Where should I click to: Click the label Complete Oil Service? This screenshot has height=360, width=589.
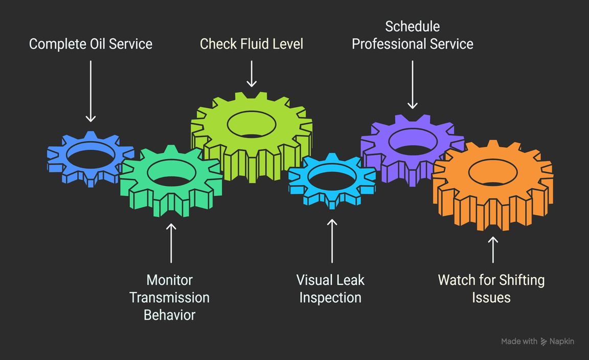90,44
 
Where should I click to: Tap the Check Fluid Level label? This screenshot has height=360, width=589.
252,44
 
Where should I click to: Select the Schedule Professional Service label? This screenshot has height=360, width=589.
413,35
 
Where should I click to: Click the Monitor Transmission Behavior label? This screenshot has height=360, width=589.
169,298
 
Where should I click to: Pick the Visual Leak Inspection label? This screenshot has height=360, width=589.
330,289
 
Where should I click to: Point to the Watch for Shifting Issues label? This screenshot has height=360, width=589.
491,289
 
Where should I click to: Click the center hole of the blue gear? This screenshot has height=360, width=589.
90,153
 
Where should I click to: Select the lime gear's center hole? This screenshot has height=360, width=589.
252,124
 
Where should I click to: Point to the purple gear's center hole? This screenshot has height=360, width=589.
413,141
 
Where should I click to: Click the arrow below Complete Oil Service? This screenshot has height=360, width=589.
90,91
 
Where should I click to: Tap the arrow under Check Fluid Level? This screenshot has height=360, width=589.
252,74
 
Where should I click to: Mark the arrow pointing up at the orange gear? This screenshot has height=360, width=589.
493,249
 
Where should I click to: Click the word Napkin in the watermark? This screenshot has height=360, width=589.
562,341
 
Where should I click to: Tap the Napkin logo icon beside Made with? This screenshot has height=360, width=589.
544,342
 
